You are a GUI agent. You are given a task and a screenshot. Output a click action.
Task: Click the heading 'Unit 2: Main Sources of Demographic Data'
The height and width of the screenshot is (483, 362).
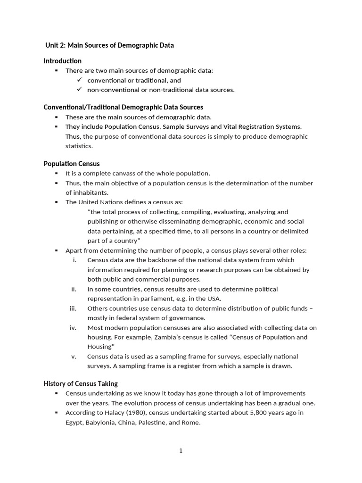click(109, 45)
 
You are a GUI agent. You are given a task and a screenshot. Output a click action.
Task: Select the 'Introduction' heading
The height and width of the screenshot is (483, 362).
click(63, 61)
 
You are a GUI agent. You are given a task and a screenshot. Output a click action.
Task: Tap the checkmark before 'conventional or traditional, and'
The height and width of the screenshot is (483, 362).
click(80, 80)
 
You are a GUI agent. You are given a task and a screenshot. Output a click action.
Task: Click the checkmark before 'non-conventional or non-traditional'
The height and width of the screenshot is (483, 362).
click(80, 90)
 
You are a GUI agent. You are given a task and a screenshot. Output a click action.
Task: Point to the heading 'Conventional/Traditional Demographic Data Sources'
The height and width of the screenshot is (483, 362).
click(123, 107)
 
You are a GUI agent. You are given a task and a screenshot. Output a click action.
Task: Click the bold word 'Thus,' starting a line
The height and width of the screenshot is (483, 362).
click(73, 136)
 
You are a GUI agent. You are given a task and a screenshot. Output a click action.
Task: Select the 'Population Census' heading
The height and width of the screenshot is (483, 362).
click(72, 164)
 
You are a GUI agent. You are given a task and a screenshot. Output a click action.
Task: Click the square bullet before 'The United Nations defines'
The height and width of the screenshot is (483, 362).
click(57, 202)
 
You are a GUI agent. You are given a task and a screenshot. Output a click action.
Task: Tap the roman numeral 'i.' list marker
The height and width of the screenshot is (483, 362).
click(74, 260)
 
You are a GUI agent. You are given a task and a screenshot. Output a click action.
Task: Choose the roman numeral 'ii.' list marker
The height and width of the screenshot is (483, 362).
click(74, 289)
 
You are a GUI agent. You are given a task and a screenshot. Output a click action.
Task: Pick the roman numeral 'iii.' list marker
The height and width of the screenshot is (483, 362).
click(73, 308)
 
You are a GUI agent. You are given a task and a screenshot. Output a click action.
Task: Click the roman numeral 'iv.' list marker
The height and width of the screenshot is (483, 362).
click(73, 327)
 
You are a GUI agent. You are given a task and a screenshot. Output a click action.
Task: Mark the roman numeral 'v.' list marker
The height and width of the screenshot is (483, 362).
click(74, 356)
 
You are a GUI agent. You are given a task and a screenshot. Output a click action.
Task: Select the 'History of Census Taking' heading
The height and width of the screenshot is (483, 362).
click(81, 383)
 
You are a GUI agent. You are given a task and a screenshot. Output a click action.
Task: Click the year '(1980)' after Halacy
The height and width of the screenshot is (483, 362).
click(124, 413)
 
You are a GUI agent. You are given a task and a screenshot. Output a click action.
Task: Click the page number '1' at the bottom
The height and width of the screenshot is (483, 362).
click(181, 451)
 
